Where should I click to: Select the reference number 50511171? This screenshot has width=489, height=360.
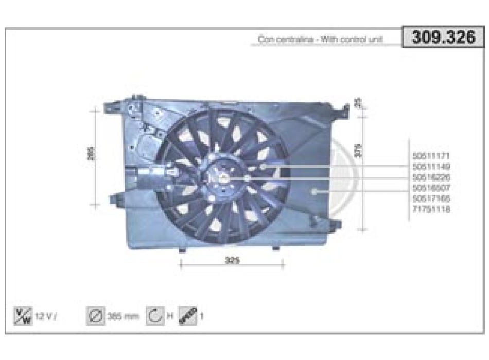tap(431, 155)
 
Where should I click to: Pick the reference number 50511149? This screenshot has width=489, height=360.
tap(431, 166)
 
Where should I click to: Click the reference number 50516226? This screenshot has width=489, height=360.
tap(431, 177)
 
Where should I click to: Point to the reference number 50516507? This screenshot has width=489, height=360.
tap(431, 188)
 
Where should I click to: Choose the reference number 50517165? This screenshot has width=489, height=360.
tap(431, 199)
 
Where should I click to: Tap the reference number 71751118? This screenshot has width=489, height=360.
tap(431, 209)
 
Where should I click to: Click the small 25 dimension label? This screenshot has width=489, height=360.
tap(359, 103)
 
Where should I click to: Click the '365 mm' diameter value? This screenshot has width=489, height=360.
tap(122, 316)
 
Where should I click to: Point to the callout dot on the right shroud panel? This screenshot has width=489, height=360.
tap(315, 191)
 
